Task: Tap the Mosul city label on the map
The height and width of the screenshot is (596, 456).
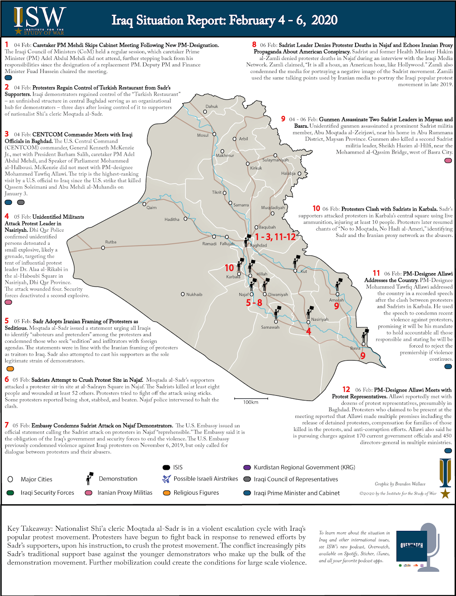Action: coord(203,135)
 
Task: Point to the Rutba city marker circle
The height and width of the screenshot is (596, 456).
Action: coord(103,248)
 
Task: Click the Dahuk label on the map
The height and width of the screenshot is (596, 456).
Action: coord(211,107)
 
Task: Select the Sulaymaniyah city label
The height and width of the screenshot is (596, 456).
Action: coord(275,160)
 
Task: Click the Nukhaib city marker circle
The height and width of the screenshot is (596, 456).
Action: coord(183,294)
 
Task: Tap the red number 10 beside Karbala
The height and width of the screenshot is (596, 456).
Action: coord(229,268)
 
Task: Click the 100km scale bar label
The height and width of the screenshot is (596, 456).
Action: coord(251,402)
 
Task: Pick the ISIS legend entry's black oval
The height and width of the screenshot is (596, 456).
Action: coord(166,467)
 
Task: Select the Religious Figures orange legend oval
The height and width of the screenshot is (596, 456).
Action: coord(166,493)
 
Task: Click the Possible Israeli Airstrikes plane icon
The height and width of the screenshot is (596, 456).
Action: coord(166,479)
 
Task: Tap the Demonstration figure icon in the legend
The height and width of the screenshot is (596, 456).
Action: coord(89,479)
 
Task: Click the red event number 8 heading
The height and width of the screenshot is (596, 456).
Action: coord(254,45)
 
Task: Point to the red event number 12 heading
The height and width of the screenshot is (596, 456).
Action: coord(346,389)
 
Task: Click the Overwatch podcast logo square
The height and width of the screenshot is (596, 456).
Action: coord(411,546)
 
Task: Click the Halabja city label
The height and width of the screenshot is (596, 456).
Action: coord(288,174)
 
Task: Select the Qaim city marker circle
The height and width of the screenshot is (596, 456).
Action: coord(144,204)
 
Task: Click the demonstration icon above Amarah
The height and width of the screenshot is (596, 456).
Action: coord(338,285)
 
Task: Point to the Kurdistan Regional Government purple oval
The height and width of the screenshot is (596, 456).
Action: coord(247,467)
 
